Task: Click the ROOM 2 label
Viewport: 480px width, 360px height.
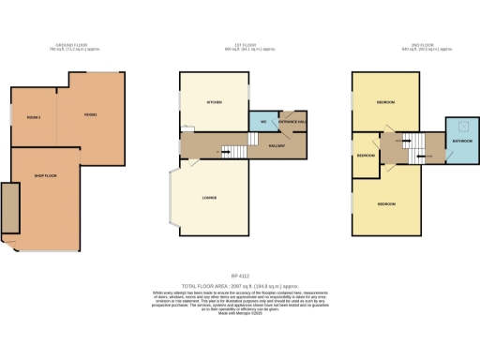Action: [34, 116]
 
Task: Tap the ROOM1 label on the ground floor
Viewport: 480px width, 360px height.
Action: [91, 114]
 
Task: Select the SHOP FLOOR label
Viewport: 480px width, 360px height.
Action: [47, 175]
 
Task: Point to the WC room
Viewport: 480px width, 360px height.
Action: [264, 122]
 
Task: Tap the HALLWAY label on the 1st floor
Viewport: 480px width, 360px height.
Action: [277, 145]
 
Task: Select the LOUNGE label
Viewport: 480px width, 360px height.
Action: [211, 198]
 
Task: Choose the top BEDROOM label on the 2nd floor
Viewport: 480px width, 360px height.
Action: [385, 101]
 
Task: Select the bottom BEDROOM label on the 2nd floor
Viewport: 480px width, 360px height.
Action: [385, 203]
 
